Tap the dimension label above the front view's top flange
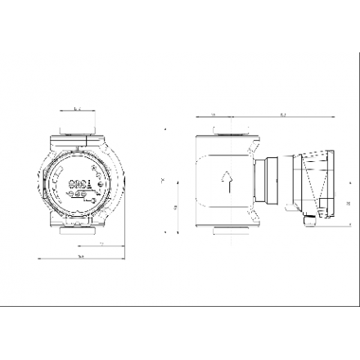[76, 108]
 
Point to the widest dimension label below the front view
[82, 256]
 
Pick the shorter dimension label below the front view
[100, 244]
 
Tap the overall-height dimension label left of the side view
[167, 181]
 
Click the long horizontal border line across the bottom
[180, 305]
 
